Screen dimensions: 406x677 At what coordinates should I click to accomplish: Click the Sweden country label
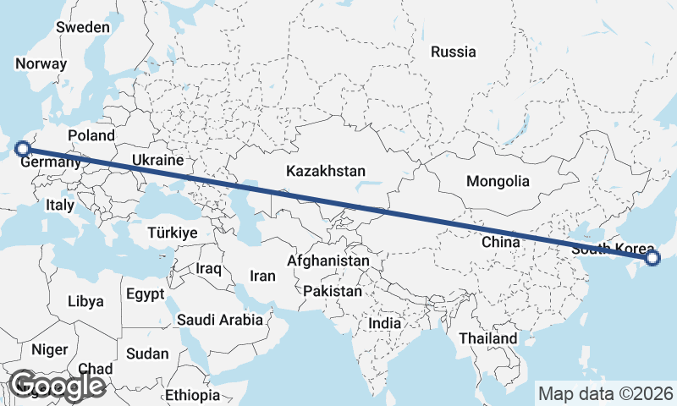tap(83, 27)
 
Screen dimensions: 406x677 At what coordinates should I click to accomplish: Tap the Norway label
tap(41, 63)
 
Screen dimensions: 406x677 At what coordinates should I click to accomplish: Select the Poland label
tap(91, 135)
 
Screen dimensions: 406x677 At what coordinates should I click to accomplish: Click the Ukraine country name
tap(157, 160)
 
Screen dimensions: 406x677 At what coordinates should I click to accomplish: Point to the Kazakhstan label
tap(326, 171)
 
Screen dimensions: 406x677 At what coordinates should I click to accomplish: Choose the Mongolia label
tap(498, 181)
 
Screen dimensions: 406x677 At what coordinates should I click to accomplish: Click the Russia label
tap(453, 52)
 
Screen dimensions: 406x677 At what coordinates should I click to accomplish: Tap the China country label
tap(499, 242)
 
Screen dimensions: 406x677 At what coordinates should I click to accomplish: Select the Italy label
tap(60, 205)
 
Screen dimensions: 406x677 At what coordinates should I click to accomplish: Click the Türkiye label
tap(172, 233)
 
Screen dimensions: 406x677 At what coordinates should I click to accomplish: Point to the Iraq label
tap(208, 269)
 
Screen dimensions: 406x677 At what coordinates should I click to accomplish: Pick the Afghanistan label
tap(327, 261)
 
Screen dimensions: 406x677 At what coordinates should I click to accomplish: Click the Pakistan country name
tap(332, 291)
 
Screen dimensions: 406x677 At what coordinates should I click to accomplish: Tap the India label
tap(385, 323)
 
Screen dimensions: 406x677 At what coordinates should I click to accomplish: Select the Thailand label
tap(487, 338)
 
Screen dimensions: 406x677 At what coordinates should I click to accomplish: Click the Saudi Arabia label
tap(219, 320)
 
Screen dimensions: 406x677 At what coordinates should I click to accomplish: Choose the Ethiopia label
tap(192, 395)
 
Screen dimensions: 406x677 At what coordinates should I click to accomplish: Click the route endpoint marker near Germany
tap(23, 148)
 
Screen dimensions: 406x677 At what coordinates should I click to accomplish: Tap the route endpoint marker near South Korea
tap(652, 258)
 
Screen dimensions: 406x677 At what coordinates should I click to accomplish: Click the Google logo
tap(56, 386)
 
